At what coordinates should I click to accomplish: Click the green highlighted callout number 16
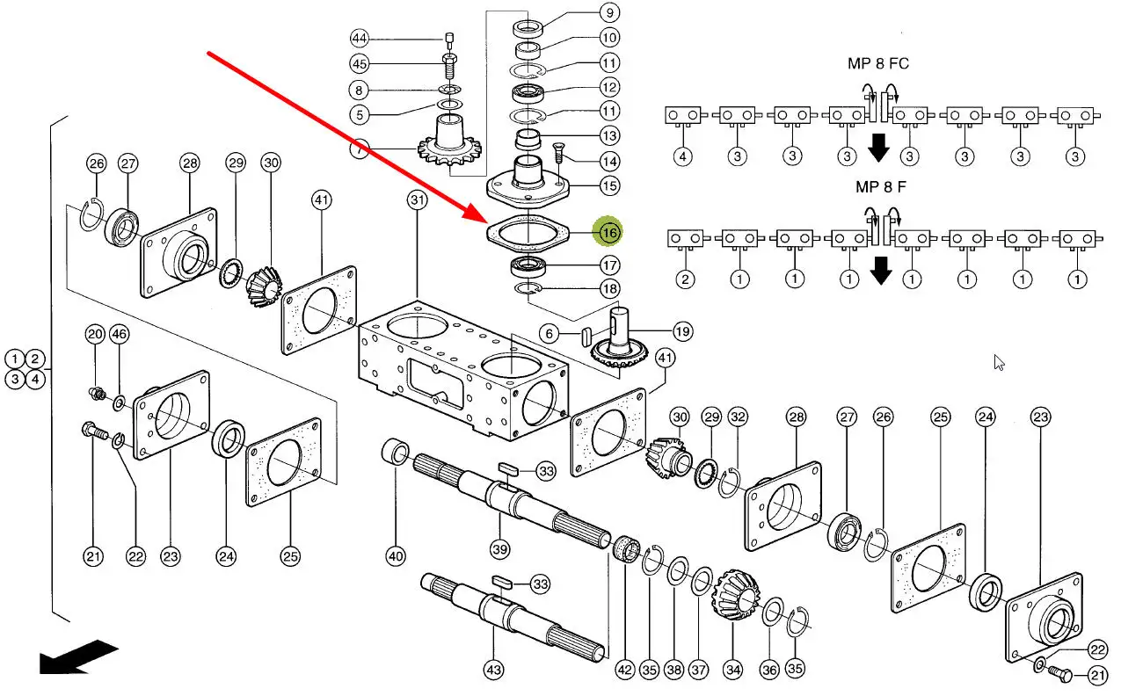pyautogui.click(x=609, y=232)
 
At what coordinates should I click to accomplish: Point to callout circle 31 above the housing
pyautogui.click(x=417, y=200)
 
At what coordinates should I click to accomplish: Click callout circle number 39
pyautogui.click(x=500, y=548)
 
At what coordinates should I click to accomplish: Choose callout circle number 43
pyautogui.click(x=494, y=671)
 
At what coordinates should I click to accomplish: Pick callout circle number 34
pyautogui.click(x=733, y=670)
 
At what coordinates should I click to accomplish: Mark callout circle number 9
pyautogui.click(x=608, y=12)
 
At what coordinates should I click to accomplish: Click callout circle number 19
pyautogui.click(x=681, y=331)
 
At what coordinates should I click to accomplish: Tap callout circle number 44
pyautogui.click(x=359, y=38)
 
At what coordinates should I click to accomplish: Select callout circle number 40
pyautogui.click(x=396, y=555)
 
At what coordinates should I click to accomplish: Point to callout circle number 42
pyautogui.click(x=624, y=670)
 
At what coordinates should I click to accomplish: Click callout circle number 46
pyautogui.click(x=120, y=333)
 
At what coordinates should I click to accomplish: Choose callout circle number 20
pyautogui.click(x=94, y=333)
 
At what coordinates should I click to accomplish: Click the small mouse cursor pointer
pyautogui.click(x=999, y=362)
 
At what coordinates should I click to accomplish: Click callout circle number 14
pyautogui.click(x=609, y=161)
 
